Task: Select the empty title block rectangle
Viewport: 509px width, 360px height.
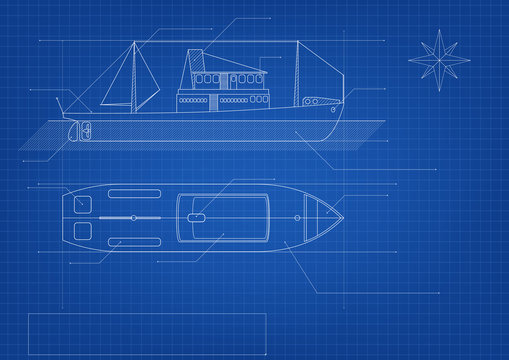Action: [146, 328]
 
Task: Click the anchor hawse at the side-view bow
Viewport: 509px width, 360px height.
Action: [317, 102]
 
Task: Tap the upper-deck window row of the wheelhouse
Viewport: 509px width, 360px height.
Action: [212, 78]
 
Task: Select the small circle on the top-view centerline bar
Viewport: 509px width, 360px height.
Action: [133, 217]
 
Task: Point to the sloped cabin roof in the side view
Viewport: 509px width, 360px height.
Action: [240, 68]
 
